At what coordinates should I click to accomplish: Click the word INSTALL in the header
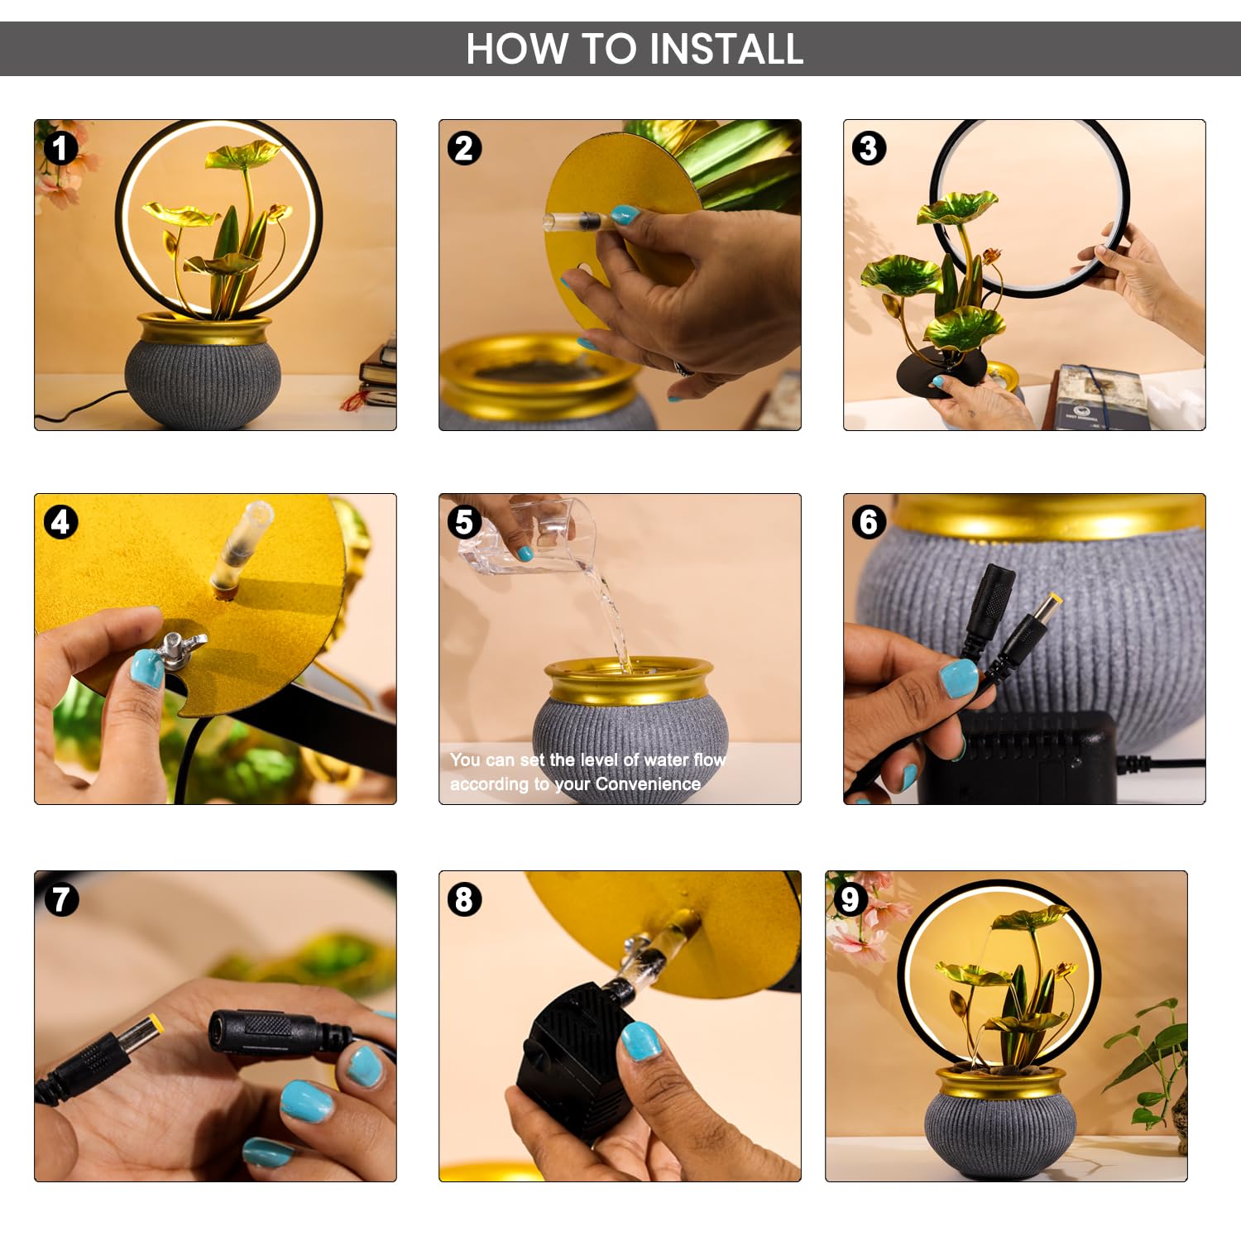726,49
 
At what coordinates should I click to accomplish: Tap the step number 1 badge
60,149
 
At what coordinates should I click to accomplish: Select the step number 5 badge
464,523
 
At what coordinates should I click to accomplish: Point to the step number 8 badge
464,899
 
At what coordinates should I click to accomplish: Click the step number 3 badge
869,149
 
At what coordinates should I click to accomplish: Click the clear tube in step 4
241,546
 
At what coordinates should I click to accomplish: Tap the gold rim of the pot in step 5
629,680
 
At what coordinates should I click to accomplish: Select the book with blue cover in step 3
1100,397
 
